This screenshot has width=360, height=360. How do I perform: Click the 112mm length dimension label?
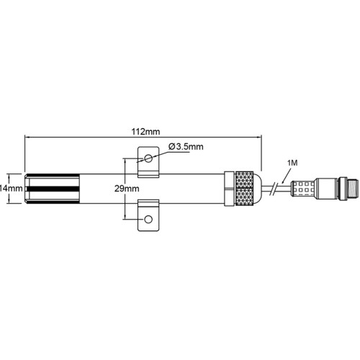click(145, 132)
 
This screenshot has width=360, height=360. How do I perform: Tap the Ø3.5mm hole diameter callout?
click(186, 146)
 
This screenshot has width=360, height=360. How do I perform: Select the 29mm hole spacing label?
click(127, 189)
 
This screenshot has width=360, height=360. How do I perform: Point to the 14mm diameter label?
click(12, 189)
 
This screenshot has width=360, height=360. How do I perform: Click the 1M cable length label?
click(292, 163)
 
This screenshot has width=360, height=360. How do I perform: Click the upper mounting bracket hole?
click(148, 158)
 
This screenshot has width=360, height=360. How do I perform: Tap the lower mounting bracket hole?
click(148, 220)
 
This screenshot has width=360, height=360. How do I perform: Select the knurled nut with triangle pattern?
click(244, 189)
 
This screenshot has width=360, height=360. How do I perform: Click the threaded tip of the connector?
click(354, 189)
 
